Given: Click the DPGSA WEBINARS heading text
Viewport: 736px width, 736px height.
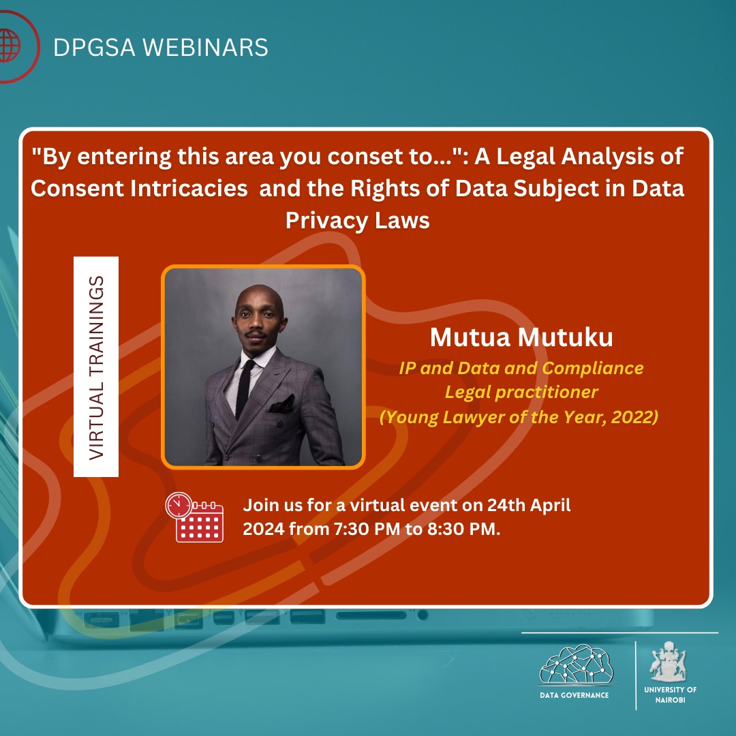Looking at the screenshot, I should pyautogui.click(x=161, y=47).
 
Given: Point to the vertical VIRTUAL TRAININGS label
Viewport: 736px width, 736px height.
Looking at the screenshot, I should pyautogui.click(x=96, y=367).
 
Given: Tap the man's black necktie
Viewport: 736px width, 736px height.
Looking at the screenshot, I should pyautogui.click(x=245, y=388).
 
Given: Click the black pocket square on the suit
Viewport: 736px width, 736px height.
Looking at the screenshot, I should pyautogui.click(x=281, y=405).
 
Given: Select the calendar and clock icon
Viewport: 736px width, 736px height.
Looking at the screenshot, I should pyautogui.click(x=194, y=517).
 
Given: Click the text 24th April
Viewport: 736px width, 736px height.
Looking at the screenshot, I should pyautogui.click(x=529, y=506).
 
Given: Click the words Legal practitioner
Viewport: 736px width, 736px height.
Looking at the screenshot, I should pyautogui.click(x=521, y=393).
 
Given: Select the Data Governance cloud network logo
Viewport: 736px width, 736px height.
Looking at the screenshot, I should pyautogui.click(x=577, y=664).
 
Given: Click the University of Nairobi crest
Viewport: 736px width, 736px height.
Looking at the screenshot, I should pyautogui.click(x=670, y=660).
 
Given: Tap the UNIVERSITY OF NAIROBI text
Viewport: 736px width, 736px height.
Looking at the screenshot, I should pyautogui.click(x=670, y=694).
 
